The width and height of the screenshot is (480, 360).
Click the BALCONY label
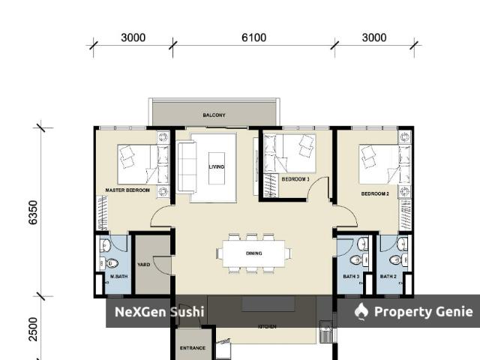214,115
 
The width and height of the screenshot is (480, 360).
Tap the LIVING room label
216,166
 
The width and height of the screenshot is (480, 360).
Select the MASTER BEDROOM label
127,190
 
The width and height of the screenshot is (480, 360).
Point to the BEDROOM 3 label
295,179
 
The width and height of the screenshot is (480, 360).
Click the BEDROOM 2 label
375,193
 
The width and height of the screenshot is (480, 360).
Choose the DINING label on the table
254,253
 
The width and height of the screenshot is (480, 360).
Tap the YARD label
143,264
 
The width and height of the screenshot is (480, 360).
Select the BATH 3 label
351,277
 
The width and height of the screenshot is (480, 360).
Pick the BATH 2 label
388,277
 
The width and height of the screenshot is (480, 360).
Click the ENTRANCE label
193,348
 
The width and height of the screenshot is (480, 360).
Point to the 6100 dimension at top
253,37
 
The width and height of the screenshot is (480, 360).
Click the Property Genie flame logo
361,311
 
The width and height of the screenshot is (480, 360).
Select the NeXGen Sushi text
158,311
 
